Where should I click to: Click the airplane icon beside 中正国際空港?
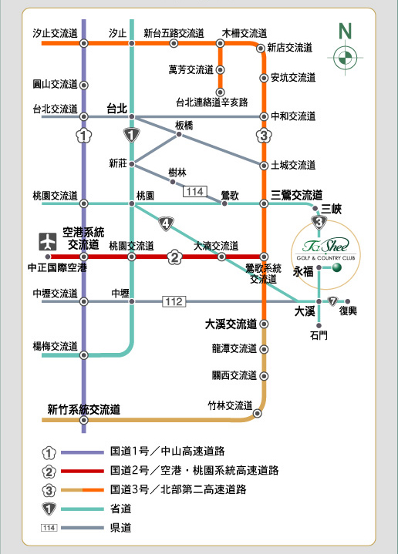(x=48, y=242)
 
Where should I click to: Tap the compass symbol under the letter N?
(x=345, y=58)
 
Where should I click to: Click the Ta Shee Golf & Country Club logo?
(x=325, y=249)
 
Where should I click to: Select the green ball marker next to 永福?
(x=337, y=267)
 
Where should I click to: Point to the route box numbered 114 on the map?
(x=195, y=192)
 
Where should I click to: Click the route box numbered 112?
(x=174, y=301)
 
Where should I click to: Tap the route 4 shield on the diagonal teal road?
(x=166, y=223)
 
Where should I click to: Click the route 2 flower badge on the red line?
(x=174, y=257)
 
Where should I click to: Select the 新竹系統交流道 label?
(x=84, y=409)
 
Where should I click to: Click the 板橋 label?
(x=184, y=126)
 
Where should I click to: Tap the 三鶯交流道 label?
(x=296, y=195)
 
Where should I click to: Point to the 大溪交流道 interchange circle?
(x=264, y=324)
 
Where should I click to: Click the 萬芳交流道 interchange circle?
(x=220, y=70)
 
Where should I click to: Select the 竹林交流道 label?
(x=230, y=405)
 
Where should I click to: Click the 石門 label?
(x=319, y=335)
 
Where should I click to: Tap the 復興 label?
(x=348, y=311)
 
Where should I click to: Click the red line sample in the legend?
(x=83, y=471)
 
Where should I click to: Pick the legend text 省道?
(x=120, y=509)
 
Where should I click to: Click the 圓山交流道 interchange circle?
(x=84, y=86)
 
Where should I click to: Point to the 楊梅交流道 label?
(x=56, y=346)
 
